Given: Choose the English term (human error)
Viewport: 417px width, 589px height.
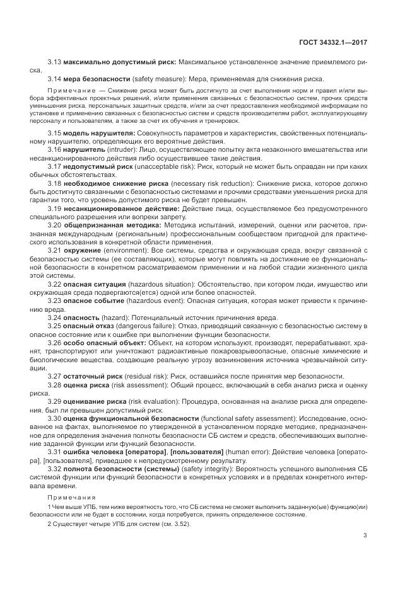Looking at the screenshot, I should tap(250, 451).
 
